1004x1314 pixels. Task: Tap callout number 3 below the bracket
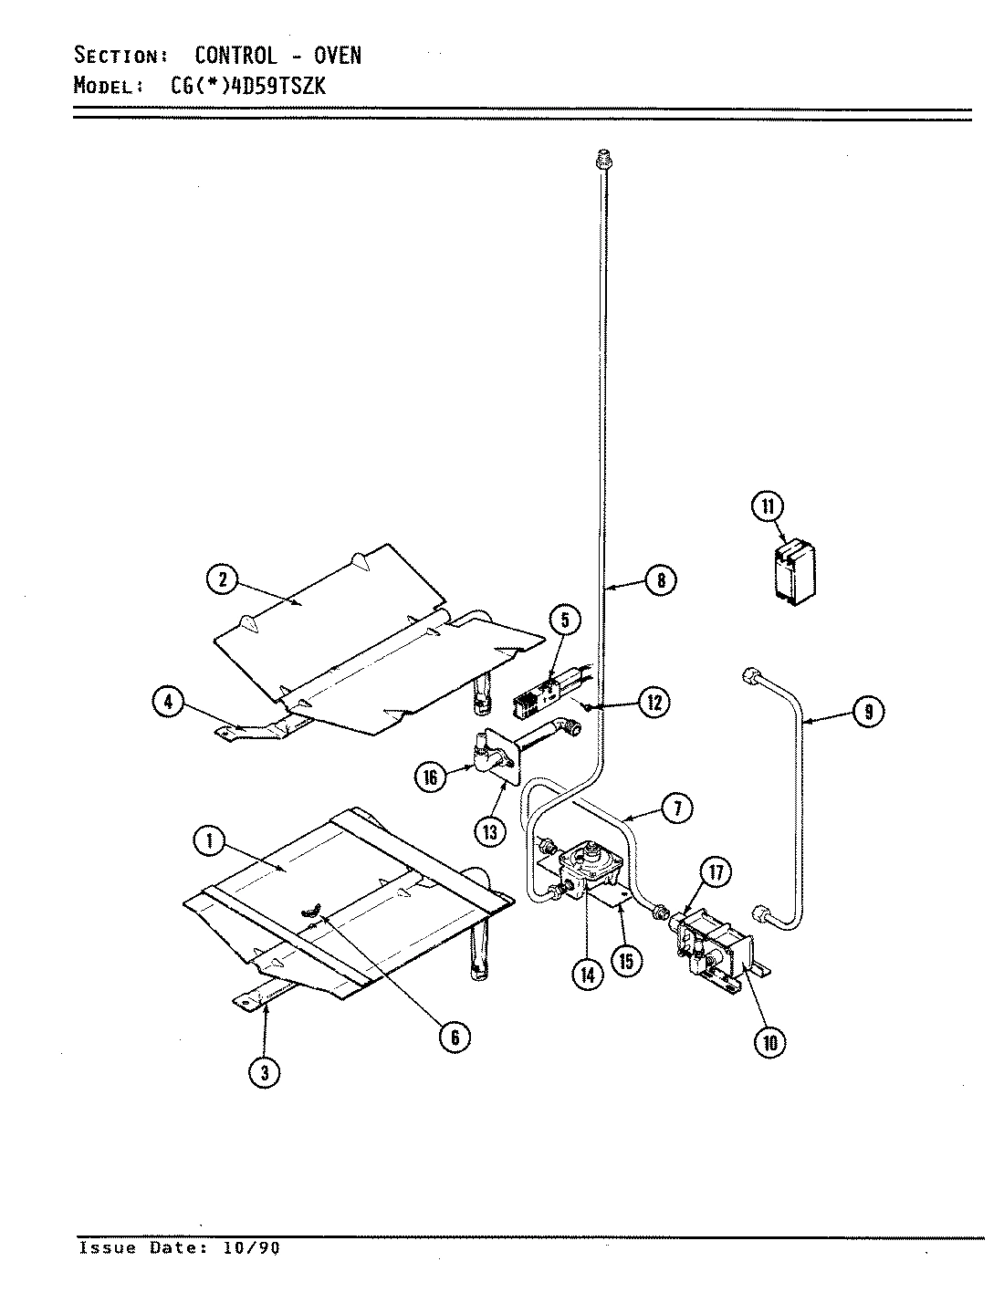click(x=264, y=1073)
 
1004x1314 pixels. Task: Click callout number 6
click(x=454, y=1036)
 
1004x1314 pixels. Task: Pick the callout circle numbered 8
click(x=660, y=579)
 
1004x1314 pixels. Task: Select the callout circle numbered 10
click(x=769, y=1042)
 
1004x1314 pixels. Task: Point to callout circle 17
click(x=715, y=873)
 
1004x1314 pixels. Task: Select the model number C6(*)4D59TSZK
click(x=246, y=86)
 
